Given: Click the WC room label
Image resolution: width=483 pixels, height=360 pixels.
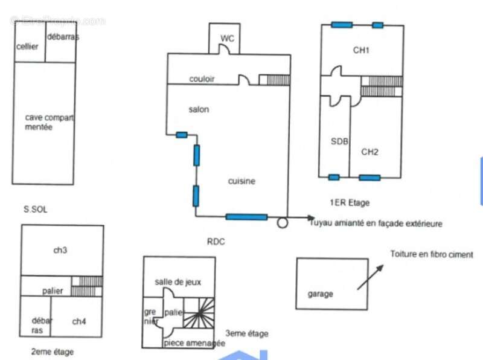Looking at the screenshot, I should [227, 39].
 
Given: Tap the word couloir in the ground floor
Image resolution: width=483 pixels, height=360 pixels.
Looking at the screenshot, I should [202, 79].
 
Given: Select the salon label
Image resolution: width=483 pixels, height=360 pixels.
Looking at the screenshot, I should [199, 109].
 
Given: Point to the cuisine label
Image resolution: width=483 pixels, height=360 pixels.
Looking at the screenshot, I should [241, 181].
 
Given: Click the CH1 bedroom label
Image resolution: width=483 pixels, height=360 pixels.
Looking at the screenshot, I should [361, 51].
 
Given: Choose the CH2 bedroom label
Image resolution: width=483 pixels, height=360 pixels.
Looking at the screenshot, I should [369, 152].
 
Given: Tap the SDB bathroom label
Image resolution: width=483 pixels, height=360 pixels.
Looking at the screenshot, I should [339, 141].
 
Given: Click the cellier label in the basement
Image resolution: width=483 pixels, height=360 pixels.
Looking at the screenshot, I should [28, 47].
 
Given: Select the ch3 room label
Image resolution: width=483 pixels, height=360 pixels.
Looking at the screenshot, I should [60, 249].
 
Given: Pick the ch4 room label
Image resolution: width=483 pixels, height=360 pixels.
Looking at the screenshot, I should [78, 321].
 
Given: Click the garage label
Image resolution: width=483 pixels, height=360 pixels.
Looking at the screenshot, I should [320, 294].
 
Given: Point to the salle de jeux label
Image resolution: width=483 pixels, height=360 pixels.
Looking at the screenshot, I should [178, 281].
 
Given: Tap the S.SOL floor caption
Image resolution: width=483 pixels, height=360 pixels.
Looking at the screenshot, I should [36, 210].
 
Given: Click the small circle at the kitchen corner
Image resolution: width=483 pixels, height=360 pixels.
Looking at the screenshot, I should [282, 223].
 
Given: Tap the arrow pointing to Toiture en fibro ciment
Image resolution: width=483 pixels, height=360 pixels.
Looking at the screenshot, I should [369, 277].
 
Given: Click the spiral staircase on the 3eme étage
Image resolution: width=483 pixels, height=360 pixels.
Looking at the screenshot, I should [199, 312].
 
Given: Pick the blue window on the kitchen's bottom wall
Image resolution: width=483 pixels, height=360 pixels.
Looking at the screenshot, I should [246, 217].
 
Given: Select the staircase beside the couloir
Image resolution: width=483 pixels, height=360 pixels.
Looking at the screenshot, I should [274, 80].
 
